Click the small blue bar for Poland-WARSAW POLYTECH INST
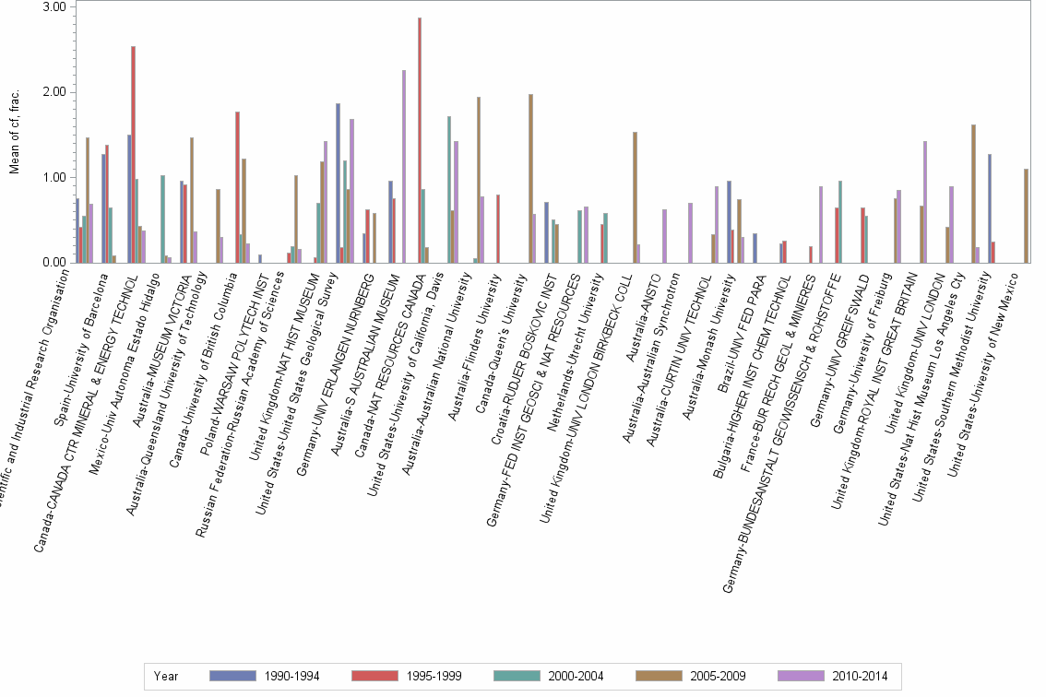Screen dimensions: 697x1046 coord(260,259)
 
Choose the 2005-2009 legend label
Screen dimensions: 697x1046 coord(719,677)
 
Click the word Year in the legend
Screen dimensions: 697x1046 coord(167,677)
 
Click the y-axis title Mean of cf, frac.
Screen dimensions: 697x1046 coord(13,135)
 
